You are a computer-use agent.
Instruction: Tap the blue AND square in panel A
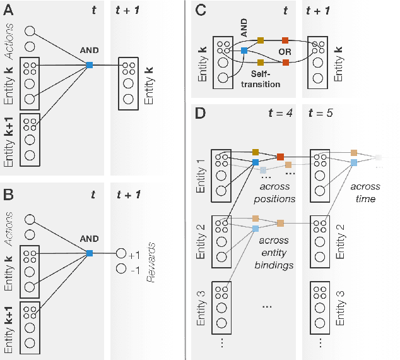[90, 64]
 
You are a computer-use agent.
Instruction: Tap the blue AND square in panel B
[90, 253]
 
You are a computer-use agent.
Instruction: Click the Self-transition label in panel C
[259, 80]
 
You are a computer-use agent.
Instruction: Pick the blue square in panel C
[244, 51]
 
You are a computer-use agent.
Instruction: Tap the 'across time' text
[366, 191]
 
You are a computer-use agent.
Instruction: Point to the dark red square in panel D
[280, 156]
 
